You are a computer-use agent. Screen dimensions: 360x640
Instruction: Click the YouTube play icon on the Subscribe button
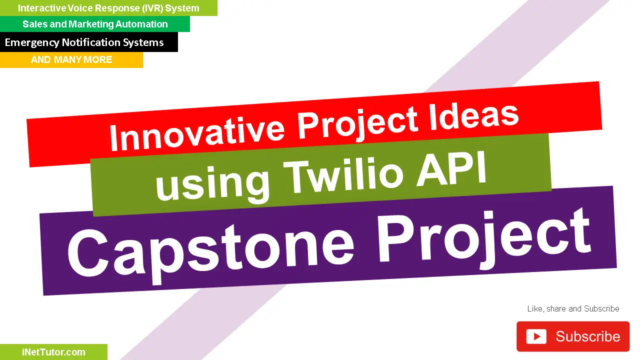click(536, 336)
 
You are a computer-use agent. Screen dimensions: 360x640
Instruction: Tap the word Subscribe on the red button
click(587, 336)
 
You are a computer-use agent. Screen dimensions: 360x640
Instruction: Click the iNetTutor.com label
click(53, 352)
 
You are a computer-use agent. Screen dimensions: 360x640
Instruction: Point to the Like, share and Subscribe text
click(573, 308)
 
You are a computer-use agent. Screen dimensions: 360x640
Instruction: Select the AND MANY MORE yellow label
click(71, 59)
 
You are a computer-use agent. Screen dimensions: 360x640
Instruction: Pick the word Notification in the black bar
click(88, 42)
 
